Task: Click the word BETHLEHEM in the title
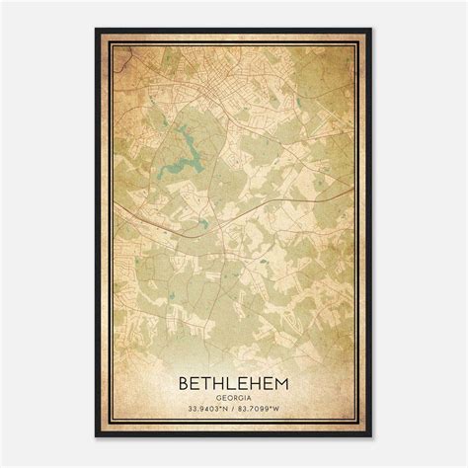[x=234, y=380]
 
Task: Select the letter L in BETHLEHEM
[x=233, y=380]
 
